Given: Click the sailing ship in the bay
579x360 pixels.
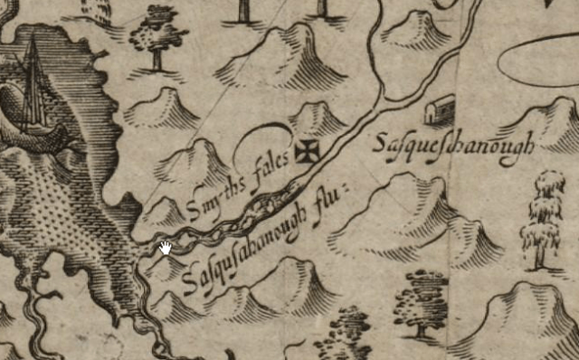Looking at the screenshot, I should (33, 90).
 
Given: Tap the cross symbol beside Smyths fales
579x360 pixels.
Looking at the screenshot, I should (308, 150).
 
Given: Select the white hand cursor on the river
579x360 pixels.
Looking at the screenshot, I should (166, 248).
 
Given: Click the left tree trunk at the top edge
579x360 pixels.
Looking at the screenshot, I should (243, 11).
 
